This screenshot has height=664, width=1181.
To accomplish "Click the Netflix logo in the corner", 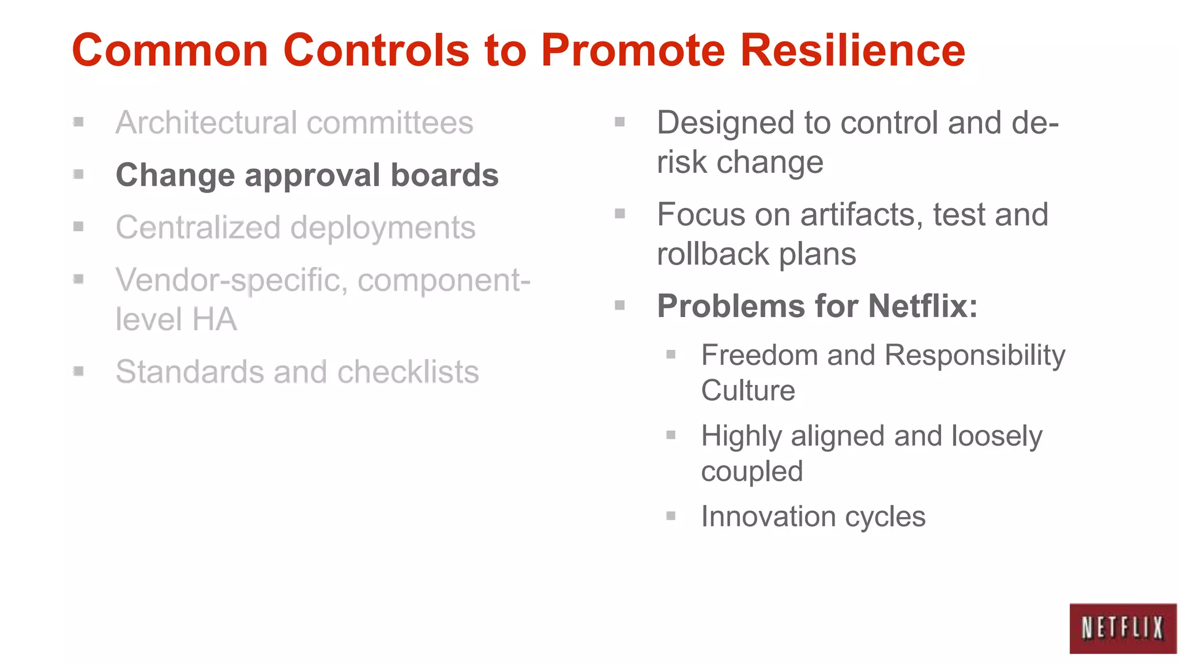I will pos(1122,628).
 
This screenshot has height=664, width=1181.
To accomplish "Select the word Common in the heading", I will pos(170,51).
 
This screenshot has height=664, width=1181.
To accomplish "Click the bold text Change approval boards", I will pos(307,175).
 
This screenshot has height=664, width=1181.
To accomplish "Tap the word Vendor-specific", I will pos(231,281).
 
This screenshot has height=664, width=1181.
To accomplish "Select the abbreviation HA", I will pos(215,319).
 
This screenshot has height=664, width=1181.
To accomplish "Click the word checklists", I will pos(408,372).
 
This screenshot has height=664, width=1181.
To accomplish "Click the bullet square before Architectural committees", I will pos(79,122).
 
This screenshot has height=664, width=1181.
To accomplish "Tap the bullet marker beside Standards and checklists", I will pos(79,371).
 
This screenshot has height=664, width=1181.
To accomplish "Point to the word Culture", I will pos(748,391).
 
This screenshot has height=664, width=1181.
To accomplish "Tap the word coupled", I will pos(751,472).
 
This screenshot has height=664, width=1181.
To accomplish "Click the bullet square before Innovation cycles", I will pos(671,516).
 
